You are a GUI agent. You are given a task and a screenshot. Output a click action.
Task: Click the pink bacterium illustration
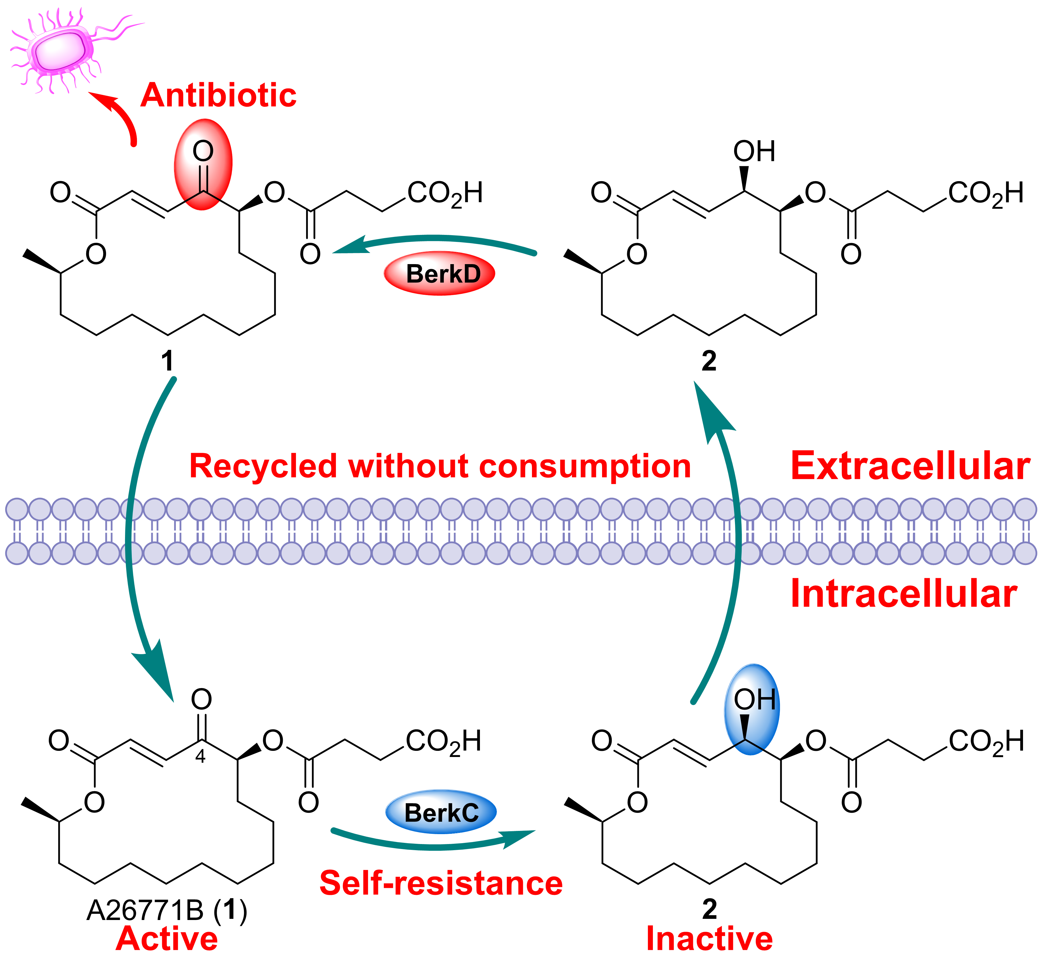(x=60, y=50)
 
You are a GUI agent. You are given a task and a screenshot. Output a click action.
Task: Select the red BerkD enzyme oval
(x=440, y=274)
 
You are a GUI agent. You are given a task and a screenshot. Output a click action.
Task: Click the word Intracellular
(x=904, y=594)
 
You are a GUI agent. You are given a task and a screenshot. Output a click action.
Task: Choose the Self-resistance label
(x=441, y=883)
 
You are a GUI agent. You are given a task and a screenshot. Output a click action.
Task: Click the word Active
(x=167, y=938)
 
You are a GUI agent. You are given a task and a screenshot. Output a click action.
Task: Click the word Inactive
(x=709, y=938)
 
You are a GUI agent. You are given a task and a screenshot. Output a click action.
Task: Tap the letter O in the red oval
(x=203, y=151)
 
